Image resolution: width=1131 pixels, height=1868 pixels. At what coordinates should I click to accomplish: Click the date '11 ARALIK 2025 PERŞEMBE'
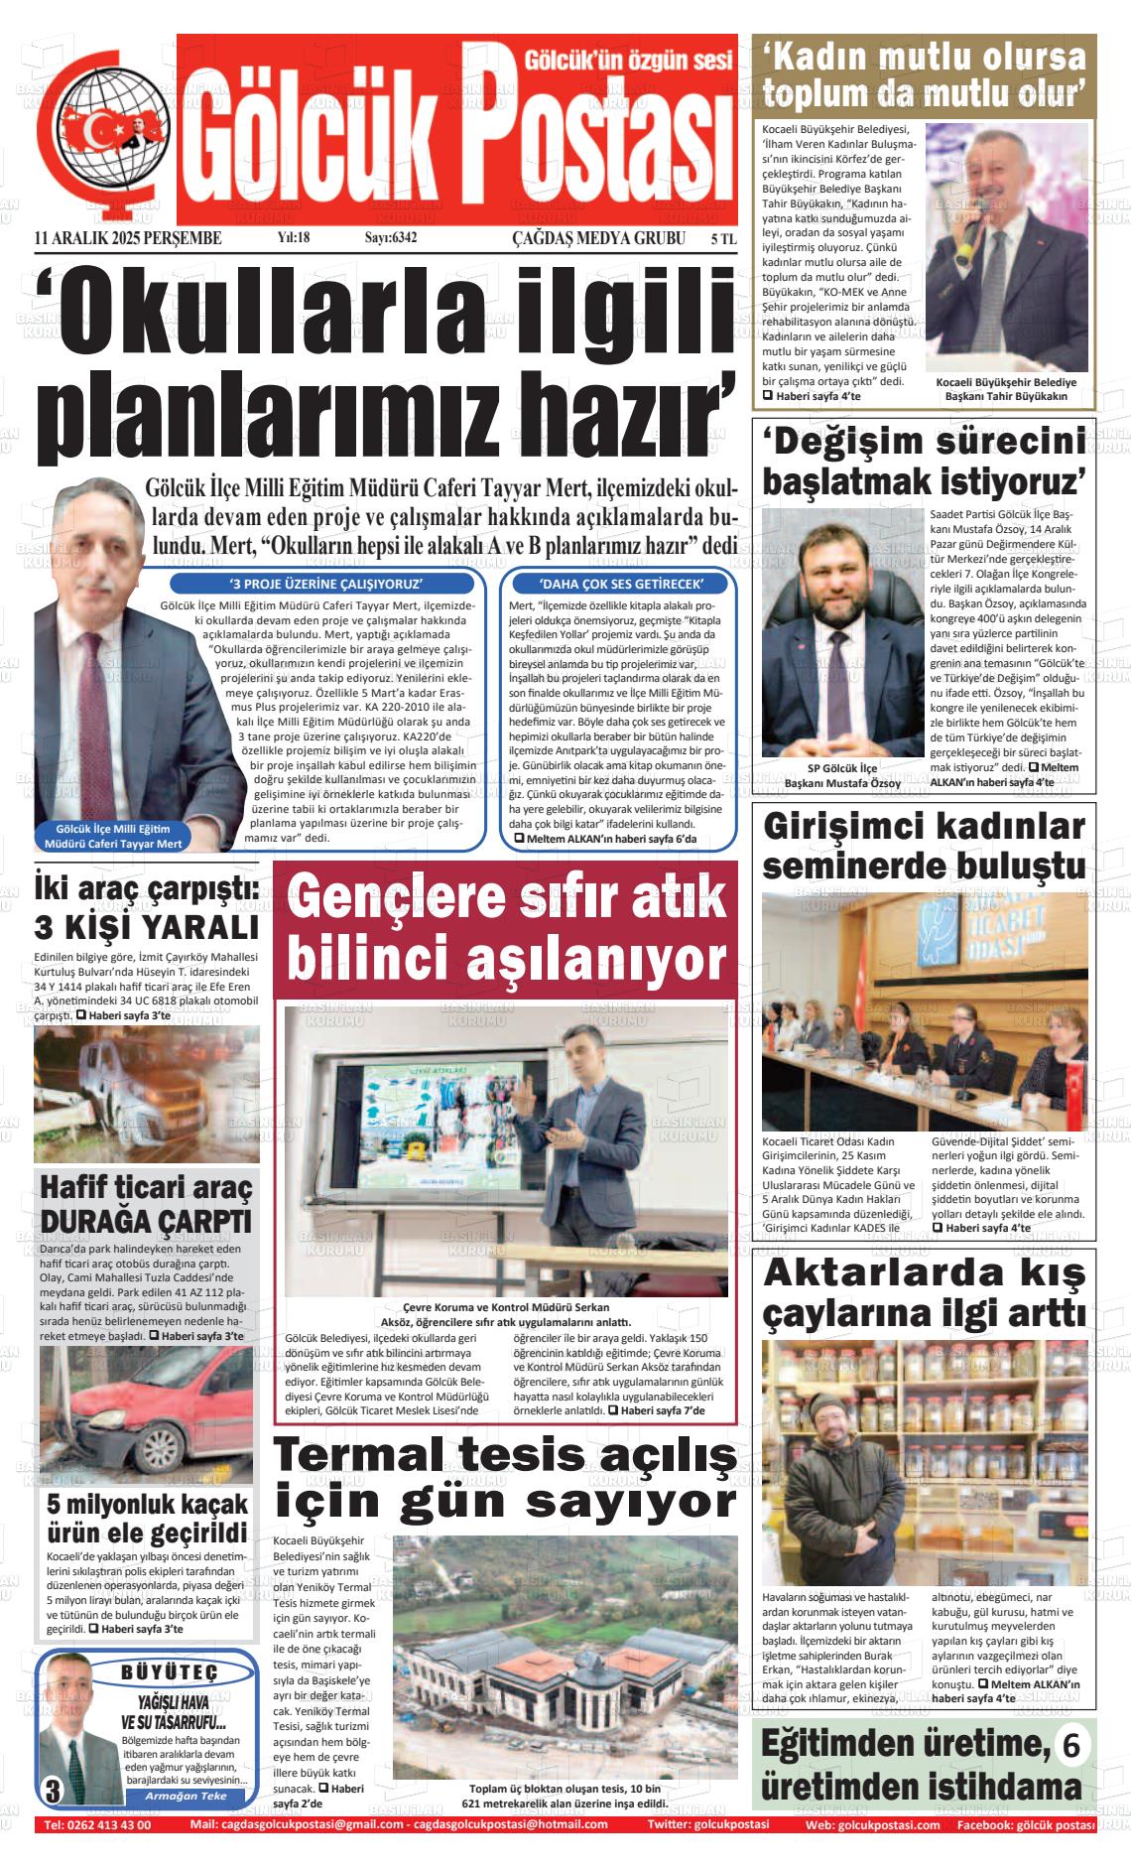tap(128, 238)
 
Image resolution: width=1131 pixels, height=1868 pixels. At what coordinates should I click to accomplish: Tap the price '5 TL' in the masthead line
tap(723, 239)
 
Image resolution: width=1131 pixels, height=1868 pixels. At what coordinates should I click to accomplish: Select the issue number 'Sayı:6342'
tap(391, 238)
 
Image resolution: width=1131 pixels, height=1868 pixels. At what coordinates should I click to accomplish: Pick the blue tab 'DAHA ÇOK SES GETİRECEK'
tap(621, 584)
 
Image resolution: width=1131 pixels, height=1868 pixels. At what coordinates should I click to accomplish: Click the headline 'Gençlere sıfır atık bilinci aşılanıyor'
tap(506, 928)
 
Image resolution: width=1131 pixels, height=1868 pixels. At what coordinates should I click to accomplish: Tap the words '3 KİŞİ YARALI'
tap(146, 927)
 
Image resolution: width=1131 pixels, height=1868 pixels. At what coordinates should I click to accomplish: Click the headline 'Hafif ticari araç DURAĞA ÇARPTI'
tap(146, 1203)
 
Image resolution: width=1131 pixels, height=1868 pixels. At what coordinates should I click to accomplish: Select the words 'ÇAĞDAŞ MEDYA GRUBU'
tap(598, 238)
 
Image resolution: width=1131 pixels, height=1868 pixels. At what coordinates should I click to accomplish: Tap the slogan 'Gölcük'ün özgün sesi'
tap(627, 61)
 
